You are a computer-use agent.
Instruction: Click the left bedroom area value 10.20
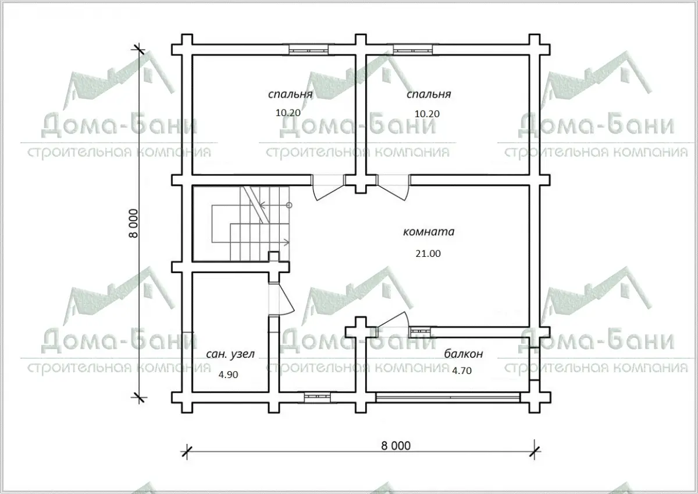tap(288, 112)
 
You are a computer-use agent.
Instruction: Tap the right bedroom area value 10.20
tap(427, 114)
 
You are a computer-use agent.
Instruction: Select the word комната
tap(429, 232)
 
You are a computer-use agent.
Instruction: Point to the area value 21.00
tap(428, 253)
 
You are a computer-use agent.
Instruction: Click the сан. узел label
tap(230, 354)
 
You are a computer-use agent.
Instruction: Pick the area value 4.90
tap(228, 375)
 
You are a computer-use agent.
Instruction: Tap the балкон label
tap(464, 354)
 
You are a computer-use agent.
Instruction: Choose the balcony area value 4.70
tap(462, 370)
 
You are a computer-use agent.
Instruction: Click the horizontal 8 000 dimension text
tap(396, 446)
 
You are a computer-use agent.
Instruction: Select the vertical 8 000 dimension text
tap(133, 224)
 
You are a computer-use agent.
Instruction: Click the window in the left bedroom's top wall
tap(308, 50)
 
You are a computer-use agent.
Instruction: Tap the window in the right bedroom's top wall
tap(412, 50)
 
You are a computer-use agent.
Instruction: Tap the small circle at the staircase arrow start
tap(289, 205)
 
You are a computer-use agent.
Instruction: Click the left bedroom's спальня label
tap(290, 94)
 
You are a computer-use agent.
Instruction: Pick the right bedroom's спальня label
tap(429, 94)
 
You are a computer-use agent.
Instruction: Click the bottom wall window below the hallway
tap(317, 396)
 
